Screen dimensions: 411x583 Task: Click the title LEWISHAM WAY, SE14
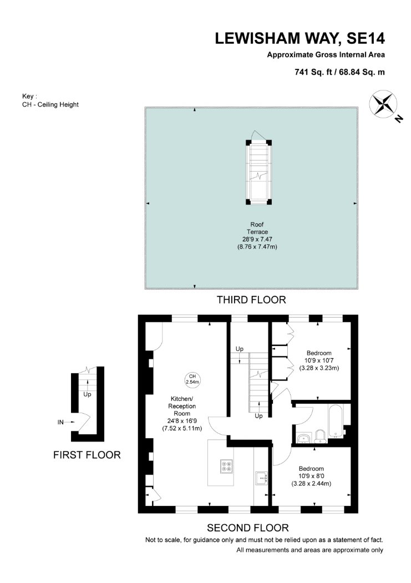click(x=300, y=39)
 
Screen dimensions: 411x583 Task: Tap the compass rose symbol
click(x=383, y=104)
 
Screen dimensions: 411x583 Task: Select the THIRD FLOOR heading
click(x=251, y=300)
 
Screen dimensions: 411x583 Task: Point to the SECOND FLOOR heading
click(x=247, y=527)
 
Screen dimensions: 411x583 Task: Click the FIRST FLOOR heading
click(x=87, y=455)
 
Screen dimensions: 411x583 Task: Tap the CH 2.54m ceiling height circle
click(x=192, y=379)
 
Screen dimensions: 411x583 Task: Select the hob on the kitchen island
click(x=227, y=466)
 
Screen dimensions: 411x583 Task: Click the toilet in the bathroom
click(x=319, y=436)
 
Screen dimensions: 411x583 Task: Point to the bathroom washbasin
click(x=304, y=438)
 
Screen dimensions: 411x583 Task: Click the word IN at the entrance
click(x=60, y=422)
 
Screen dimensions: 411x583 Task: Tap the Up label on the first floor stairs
click(x=87, y=394)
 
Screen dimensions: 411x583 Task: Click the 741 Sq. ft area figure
click(x=313, y=72)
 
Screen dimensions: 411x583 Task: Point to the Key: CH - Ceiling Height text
click(x=50, y=100)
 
